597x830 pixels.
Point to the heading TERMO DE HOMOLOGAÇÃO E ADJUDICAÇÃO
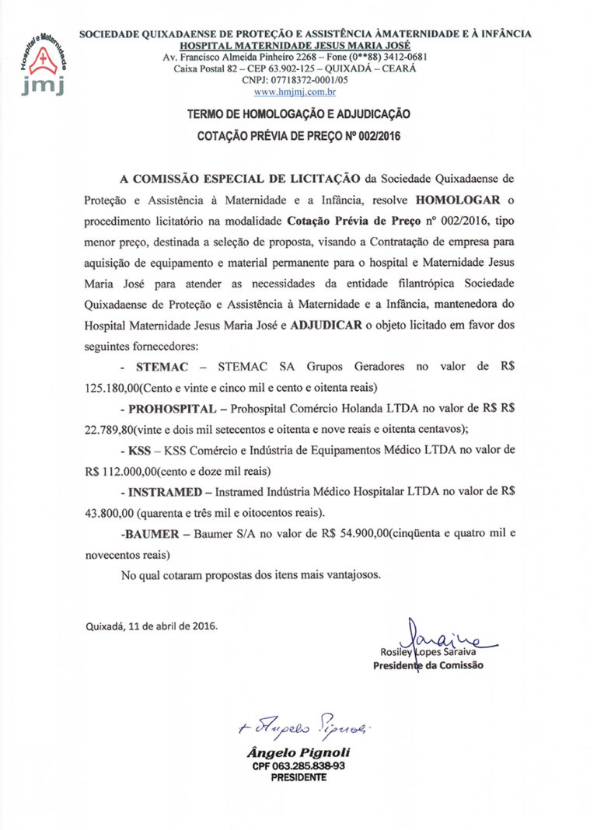coord(298,114)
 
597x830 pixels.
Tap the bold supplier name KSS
coord(141,450)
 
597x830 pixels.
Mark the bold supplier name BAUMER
coord(156,534)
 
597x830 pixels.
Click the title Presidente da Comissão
coord(428,666)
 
